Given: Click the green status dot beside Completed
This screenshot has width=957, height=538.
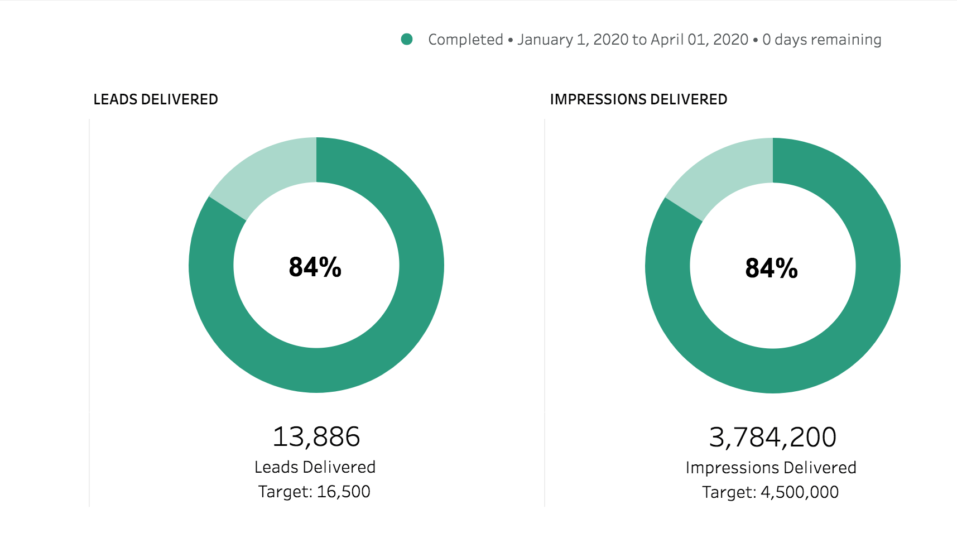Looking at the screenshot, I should coord(407,39).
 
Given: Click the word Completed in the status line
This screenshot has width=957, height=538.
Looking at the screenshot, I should coord(465,40).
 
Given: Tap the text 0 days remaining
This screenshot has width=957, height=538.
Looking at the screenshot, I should coord(821,40).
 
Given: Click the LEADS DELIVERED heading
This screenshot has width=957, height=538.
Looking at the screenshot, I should coord(156,99).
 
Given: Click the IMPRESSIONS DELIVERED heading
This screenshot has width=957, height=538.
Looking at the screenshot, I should coord(638,99).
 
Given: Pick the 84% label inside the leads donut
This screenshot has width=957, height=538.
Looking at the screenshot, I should coord(315,267).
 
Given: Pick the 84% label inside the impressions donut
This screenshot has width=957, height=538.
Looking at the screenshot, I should coord(772,268).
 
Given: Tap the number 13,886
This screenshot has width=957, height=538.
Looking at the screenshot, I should coord(316,436).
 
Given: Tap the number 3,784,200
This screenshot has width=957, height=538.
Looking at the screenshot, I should coord(772,437).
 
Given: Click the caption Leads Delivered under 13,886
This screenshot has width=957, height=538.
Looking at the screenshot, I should coord(315,467).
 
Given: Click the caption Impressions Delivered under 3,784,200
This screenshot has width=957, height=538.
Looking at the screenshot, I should coord(771,468).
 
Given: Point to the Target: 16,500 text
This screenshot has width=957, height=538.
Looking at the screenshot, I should coord(314,492).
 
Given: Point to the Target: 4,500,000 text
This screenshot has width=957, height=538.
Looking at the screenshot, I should coord(770,492).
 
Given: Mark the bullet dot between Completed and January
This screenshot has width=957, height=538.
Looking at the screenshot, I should coord(510,40).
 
